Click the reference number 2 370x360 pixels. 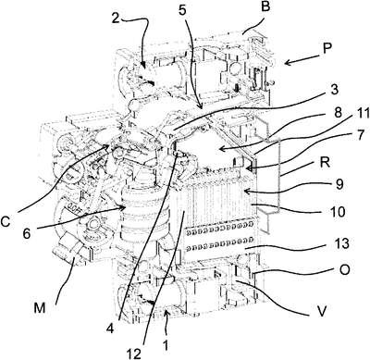115,19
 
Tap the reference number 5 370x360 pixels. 182,10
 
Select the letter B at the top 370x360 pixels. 265,7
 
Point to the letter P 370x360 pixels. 327,48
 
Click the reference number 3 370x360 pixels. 334,90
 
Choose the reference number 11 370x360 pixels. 359,115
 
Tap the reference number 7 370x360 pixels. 359,135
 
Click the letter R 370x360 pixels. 325,162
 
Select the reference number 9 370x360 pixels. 339,184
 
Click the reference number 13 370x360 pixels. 339,243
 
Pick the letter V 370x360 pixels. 322,311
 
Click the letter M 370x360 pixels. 40,307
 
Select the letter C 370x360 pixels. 6,221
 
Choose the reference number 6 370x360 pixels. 27,234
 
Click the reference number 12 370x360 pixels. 135,353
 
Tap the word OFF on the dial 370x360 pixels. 72,205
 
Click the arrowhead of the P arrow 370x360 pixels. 287,63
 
